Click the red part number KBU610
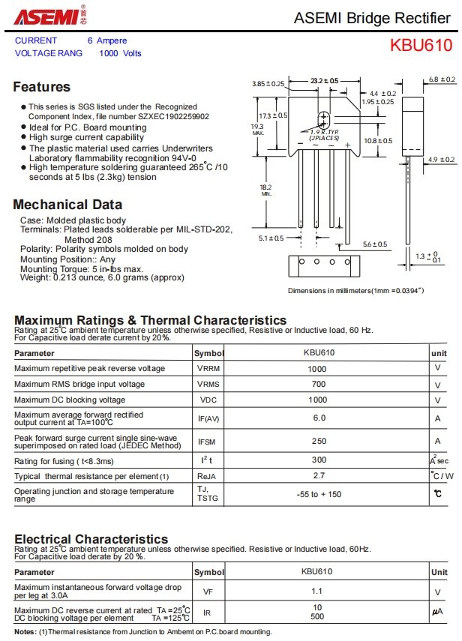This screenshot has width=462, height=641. pos(421,45)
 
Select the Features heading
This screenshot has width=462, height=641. pos(41,87)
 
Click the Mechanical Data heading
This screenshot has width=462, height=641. pos(67,205)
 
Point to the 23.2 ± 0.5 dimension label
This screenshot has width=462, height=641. pos(324,80)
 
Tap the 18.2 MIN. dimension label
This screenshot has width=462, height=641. pos(266,190)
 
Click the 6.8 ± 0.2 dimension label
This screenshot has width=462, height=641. pos(442,79)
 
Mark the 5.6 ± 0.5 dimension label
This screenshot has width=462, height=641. pos(374,244)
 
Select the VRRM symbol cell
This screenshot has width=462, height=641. pos(208,369)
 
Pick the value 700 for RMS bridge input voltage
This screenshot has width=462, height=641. pos(317,385)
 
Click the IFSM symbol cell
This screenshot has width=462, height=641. pos(208,441)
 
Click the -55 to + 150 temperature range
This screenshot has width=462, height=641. pos(319,495)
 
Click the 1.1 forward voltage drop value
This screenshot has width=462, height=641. pos(317,592)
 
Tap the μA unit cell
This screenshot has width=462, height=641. pos(438,613)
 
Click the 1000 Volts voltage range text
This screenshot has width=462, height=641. pos(120,53)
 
